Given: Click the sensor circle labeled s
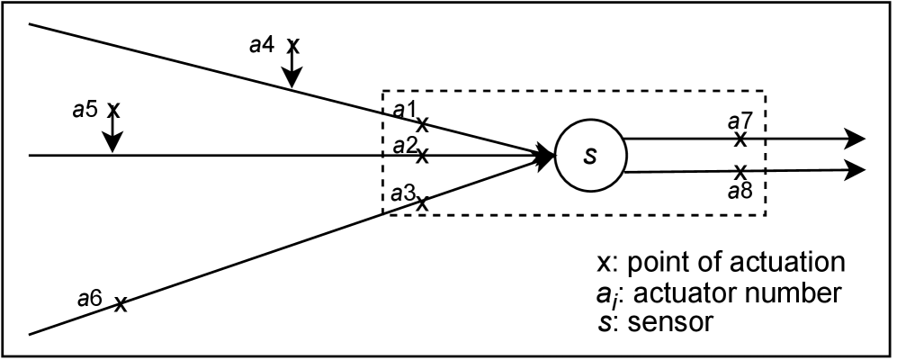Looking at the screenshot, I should pos(589,155).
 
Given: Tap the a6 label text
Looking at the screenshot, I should pos(90,297).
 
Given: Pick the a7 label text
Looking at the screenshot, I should pos(740,121).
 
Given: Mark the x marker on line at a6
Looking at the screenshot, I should pos(120,304).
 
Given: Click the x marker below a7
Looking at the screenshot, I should pos(740,139).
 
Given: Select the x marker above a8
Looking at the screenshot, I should pos(740,170).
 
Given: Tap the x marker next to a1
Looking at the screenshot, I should pos(422,123).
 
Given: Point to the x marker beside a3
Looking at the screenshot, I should pos(422,203).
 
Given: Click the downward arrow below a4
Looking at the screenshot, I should pos(292,72).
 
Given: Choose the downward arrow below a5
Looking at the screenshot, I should pos(112,135).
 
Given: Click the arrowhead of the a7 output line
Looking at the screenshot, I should pos(854,139).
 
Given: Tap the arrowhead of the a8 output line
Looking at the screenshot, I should pos(854,169).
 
